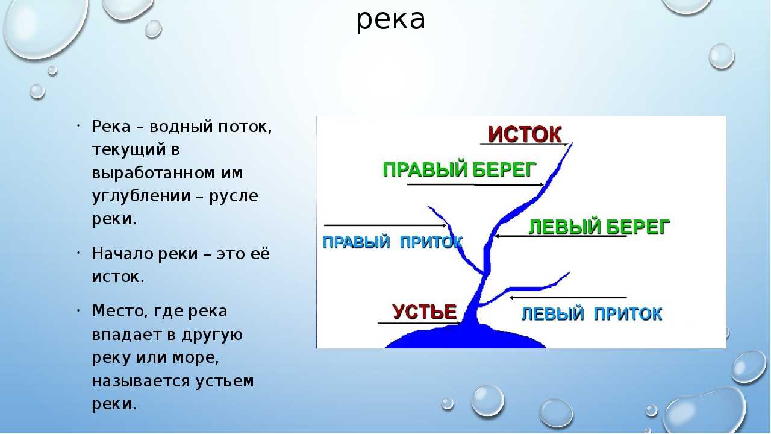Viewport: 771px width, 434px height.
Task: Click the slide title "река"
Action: tap(391, 20)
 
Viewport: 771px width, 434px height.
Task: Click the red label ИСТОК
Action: tap(525, 134)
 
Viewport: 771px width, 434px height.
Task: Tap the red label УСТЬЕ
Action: tap(425, 312)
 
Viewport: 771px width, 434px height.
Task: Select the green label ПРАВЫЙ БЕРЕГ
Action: tap(460, 170)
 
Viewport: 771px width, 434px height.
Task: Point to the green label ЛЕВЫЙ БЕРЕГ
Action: tap(599, 227)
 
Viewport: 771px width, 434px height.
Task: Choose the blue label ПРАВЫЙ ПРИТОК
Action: tap(392, 242)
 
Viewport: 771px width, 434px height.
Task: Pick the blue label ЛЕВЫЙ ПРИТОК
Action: tap(592, 314)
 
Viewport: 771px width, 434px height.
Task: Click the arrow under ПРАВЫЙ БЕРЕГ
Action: tap(475, 185)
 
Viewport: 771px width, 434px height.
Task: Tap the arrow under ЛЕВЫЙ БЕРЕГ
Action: tap(560, 236)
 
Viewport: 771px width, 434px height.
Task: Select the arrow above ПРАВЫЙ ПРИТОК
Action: tap(385, 225)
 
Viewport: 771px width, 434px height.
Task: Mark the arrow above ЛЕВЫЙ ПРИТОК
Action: tap(568, 297)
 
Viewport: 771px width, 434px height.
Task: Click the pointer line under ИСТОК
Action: tap(523, 144)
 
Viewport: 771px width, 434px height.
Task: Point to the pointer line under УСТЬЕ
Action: tap(419, 324)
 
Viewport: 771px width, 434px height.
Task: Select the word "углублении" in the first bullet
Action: tap(141, 197)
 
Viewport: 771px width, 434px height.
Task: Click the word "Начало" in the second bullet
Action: tap(122, 254)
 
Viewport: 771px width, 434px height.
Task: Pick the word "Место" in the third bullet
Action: tap(117, 311)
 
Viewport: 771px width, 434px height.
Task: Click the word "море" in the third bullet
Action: tap(196, 358)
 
